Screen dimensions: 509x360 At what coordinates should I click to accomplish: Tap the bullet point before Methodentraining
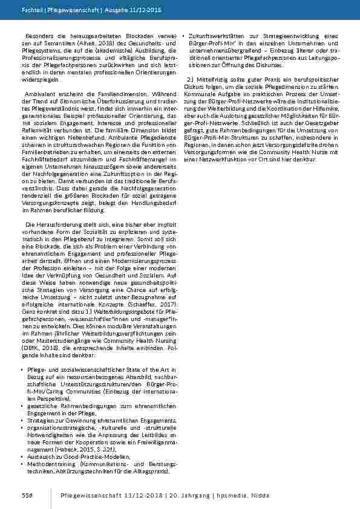pos(21,462)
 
